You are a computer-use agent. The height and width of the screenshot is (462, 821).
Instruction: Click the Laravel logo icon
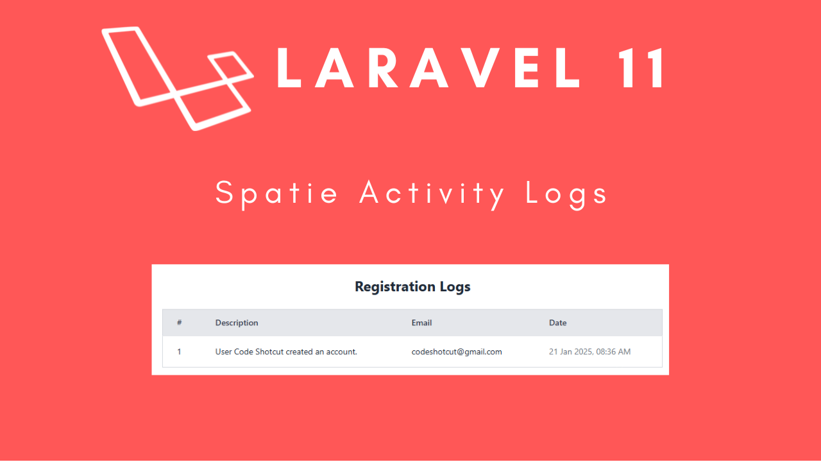pos(176,77)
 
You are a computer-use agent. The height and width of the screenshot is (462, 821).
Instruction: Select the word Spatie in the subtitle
pos(276,193)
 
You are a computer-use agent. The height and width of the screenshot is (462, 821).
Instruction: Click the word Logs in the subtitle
pos(566,193)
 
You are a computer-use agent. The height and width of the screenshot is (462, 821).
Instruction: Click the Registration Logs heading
pos(412,287)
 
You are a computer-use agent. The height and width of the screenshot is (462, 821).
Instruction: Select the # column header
pos(180,323)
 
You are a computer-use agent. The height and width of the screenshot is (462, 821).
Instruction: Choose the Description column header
pos(237,323)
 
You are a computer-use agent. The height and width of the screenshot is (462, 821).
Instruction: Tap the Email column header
pos(421,323)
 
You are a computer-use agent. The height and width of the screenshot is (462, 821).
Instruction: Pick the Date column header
pos(557,323)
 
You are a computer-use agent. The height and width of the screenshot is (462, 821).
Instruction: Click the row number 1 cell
pos(180,352)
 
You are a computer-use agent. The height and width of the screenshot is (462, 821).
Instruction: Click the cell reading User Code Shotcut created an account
pos(286,352)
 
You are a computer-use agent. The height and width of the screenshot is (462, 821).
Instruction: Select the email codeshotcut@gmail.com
pos(457,352)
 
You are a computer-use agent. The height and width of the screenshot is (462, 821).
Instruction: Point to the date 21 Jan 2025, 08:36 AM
pos(589,352)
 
